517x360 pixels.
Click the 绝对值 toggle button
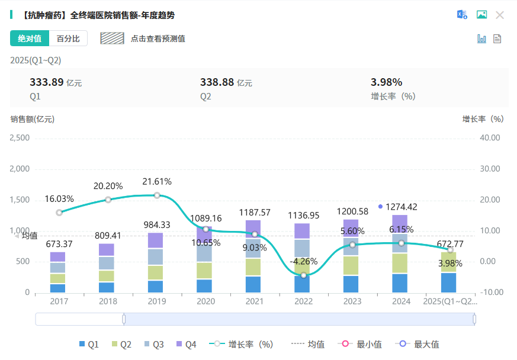[29, 38]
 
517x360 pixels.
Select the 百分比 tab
[68, 38]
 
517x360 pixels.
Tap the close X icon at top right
[500, 15]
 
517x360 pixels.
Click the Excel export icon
[462, 15]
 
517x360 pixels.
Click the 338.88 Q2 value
[217, 82]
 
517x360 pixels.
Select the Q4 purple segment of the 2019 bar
[156, 240]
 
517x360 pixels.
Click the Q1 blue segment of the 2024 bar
[400, 283]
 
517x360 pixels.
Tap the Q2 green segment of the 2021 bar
[253, 267]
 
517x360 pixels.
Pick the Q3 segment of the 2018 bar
[107, 263]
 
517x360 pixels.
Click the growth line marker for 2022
[304, 275]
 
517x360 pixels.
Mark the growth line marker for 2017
[59, 213]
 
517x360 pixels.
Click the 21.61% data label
[157, 182]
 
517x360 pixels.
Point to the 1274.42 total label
[401, 207]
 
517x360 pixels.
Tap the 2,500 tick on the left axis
[20, 138]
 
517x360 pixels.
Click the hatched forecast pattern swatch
[112, 38]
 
